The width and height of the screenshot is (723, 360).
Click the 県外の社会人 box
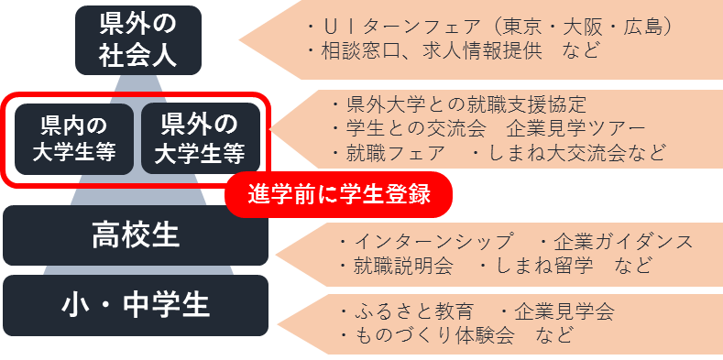point(137,38)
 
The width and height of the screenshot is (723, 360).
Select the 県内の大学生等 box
point(74,138)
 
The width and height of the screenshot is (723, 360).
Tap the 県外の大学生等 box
point(199,137)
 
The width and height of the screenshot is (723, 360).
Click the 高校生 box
point(136,235)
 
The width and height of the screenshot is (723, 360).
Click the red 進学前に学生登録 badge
point(339,194)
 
